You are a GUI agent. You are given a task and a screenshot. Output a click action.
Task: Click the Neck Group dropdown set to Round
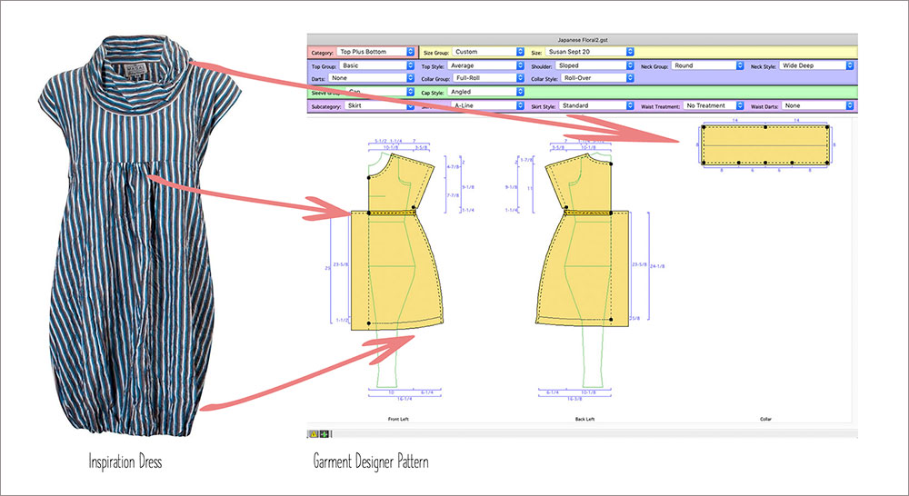[x=706, y=66]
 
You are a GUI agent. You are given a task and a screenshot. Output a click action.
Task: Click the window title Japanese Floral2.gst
[x=582, y=40]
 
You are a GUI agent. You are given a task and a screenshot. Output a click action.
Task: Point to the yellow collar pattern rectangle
[x=764, y=145]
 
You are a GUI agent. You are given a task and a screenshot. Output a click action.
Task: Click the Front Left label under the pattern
[x=392, y=420]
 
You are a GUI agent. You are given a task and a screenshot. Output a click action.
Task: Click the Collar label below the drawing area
[x=764, y=420]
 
